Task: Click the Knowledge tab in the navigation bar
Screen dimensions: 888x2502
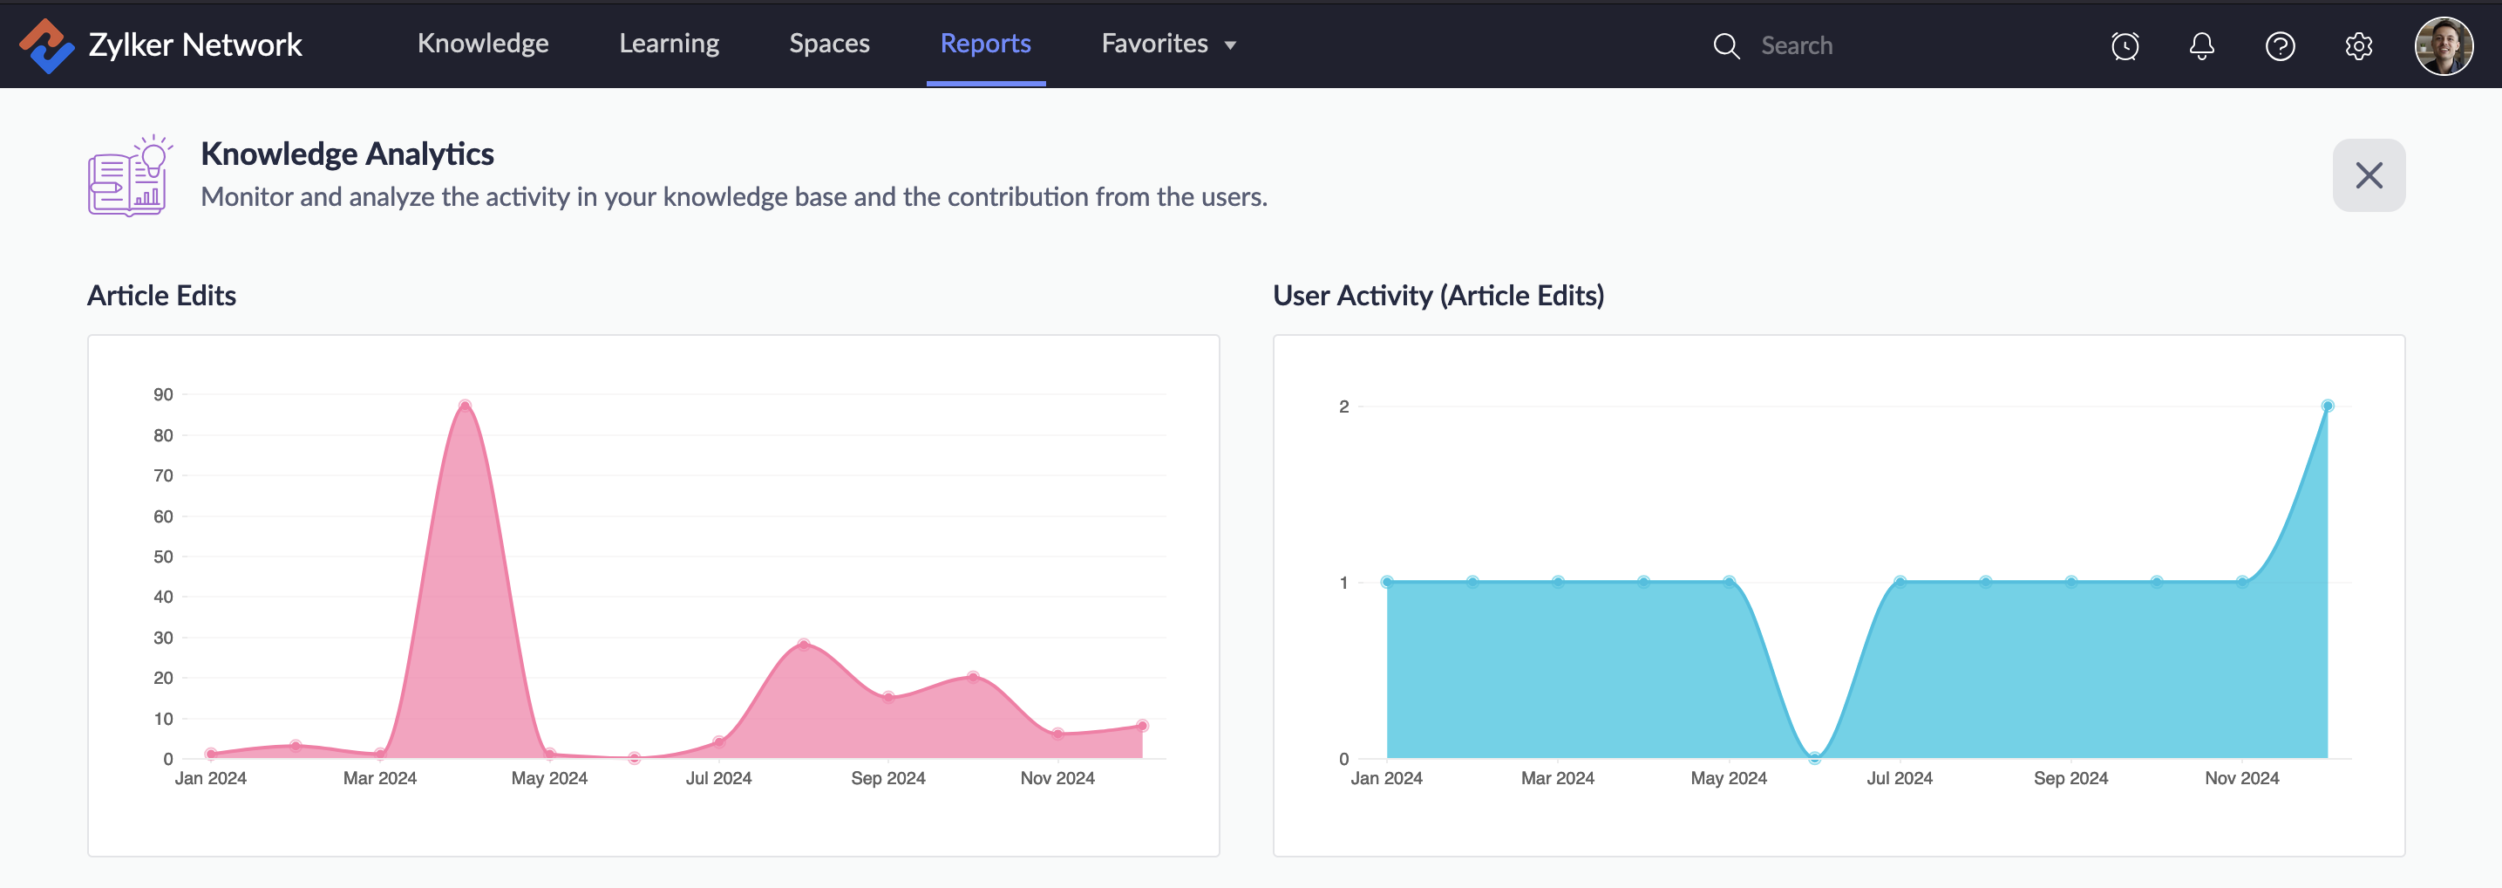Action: pos(483,44)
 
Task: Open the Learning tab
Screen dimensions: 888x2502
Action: pos(669,44)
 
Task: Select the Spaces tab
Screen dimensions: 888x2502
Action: pos(828,44)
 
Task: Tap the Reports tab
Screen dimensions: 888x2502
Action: pos(985,44)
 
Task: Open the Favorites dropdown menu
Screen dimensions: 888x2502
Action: pos(1167,44)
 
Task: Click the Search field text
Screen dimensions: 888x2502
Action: pos(1796,45)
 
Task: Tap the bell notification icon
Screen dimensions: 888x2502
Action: pos(2202,45)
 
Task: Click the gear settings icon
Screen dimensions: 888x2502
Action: pos(2358,45)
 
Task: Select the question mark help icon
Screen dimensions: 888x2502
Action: pos(2280,45)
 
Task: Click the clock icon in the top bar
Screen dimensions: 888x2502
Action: pos(2125,45)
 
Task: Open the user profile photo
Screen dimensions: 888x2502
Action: pos(2443,45)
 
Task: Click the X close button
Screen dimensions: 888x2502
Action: pos(2368,174)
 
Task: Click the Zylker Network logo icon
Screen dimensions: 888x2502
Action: pos(45,45)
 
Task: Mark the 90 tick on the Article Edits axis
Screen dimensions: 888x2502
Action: pos(163,394)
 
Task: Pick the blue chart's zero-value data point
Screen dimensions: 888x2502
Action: pos(1813,758)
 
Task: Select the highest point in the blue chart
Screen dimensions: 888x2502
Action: pos(2327,406)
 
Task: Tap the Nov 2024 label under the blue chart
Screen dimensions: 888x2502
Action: pos(2240,778)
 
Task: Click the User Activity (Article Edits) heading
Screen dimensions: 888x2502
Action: pos(1438,296)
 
